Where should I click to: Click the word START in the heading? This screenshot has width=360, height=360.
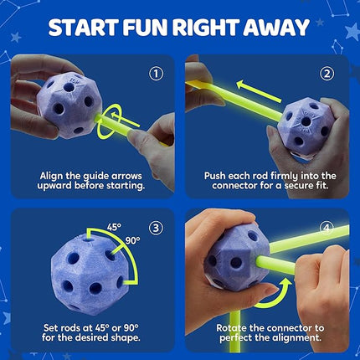click(83, 28)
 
